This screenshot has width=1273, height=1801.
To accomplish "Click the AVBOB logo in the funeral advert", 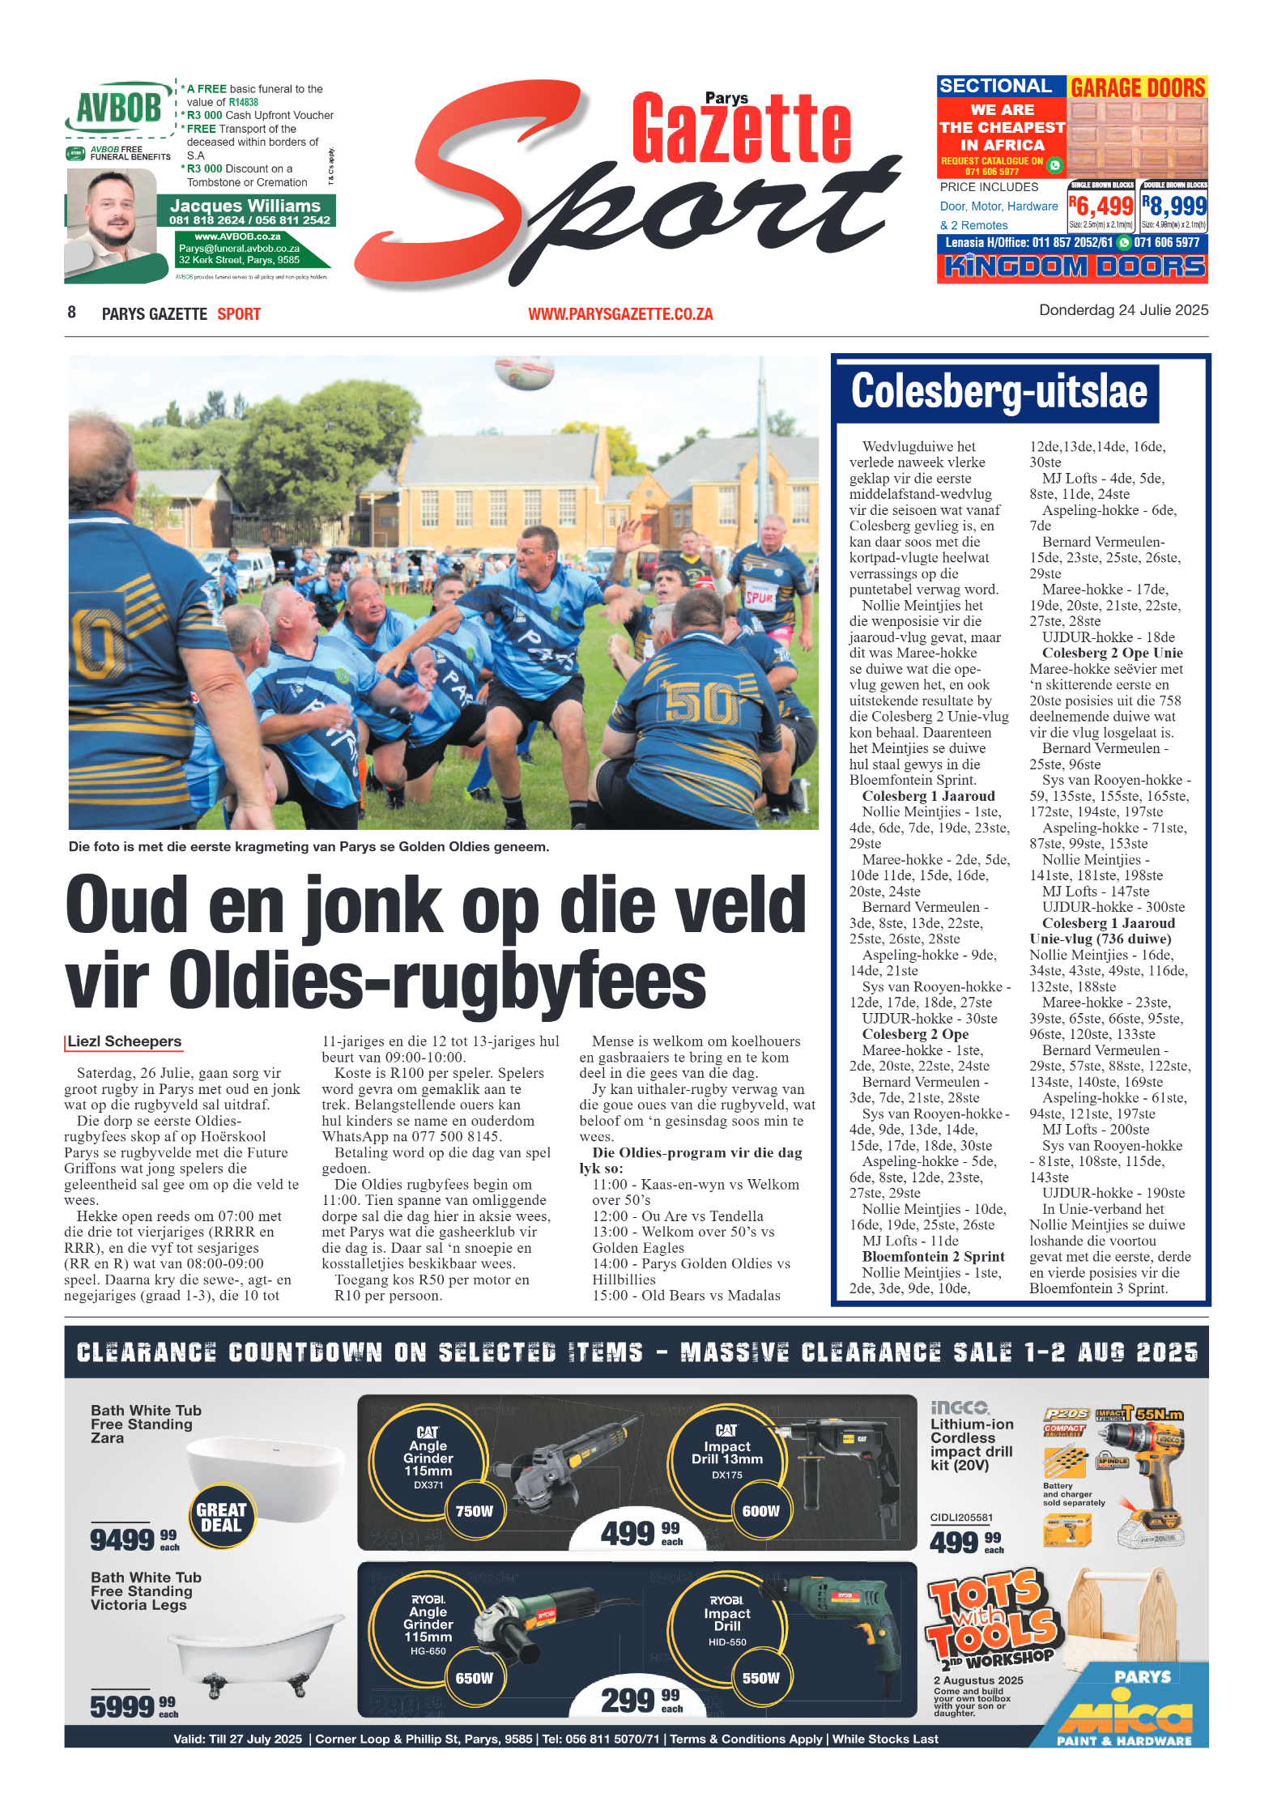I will tap(118, 107).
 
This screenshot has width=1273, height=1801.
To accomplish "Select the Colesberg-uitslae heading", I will tap(998, 392).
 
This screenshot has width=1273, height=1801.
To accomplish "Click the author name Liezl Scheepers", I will tap(125, 1041).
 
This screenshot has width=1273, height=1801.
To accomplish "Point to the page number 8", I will tap(72, 313).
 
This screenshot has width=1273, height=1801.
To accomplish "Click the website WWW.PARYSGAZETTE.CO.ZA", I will tap(620, 314).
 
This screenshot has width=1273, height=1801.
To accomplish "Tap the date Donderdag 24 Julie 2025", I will tap(1123, 310).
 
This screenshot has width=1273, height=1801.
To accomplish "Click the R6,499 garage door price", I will tap(1101, 206).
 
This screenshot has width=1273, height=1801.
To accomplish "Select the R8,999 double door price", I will tap(1174, 206).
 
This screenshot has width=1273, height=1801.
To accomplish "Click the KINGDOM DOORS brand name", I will tap(1074, 266).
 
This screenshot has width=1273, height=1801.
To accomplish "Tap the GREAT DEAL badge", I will tap(221, 1517).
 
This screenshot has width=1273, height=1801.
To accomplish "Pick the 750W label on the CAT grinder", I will tap(474, 1511).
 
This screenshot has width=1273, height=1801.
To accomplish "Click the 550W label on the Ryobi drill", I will tap(760, 1678).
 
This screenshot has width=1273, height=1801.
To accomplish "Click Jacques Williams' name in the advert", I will tap(245, 206).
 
